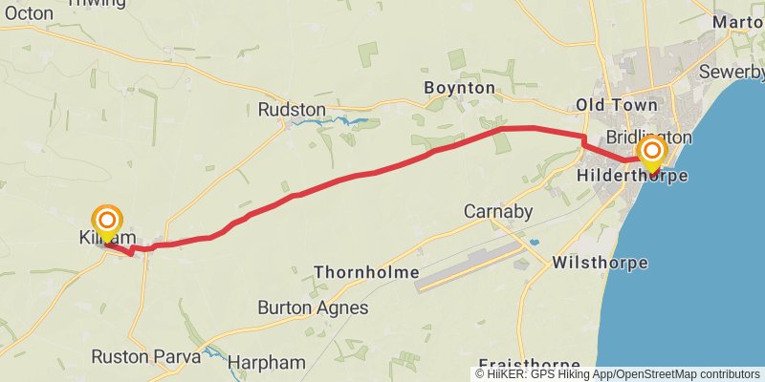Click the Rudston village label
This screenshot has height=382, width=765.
click(292, 111)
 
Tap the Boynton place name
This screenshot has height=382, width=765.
click(460, 88)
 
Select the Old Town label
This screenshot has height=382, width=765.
click(617, 104)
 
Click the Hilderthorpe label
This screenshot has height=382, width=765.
click(632, 177)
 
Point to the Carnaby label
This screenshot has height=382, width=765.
click(497, 210)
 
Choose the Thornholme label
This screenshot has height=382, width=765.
click(366, 273)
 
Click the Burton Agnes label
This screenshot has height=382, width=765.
click(313, 308)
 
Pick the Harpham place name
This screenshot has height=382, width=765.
click(267, 363)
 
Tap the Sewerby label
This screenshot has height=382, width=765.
click(732, 72)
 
